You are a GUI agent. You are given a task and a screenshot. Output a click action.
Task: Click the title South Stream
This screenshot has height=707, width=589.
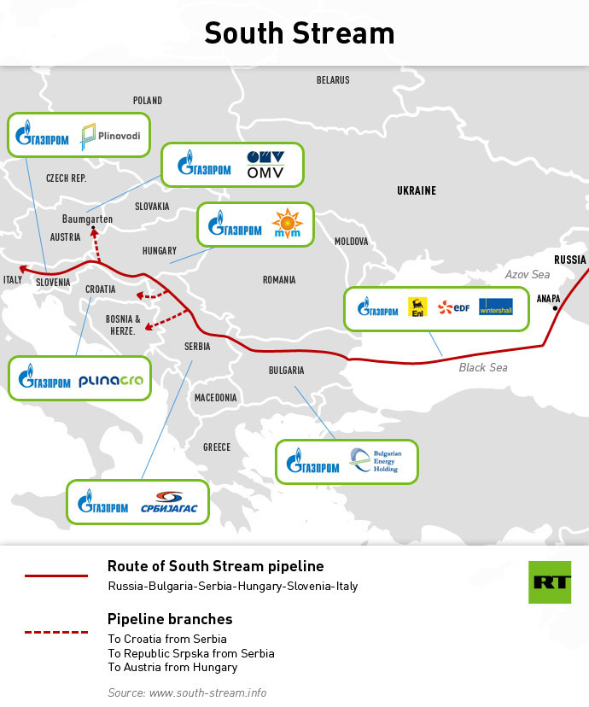tap(300, 32)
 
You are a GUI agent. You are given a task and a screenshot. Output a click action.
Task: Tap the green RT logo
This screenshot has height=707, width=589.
tap(549, 582)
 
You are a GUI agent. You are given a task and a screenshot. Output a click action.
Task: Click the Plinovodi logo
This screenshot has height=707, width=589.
tap(110, 135)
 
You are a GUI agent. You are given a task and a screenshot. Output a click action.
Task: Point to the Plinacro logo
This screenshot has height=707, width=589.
tap(110, 381)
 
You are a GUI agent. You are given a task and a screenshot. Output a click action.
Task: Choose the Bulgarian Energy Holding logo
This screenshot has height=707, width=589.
tap(373, 462)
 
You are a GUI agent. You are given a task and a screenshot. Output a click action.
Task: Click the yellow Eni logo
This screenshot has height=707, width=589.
tap(417, 307)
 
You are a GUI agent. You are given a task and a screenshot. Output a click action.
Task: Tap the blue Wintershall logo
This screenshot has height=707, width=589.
tap(495, 307)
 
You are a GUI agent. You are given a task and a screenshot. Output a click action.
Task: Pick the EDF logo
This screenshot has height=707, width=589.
tap(454, 307)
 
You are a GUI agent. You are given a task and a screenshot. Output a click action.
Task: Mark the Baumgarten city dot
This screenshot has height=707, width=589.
tap(94, 228)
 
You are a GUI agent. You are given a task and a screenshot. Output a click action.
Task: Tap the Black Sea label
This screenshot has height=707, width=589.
tap(483, 367)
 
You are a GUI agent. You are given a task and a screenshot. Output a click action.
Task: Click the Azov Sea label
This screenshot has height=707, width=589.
tap(528, 275)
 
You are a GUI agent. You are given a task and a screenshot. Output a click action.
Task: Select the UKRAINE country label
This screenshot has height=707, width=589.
tap(417, 190)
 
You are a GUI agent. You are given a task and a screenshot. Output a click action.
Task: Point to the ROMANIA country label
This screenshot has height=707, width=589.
tap(279, 280)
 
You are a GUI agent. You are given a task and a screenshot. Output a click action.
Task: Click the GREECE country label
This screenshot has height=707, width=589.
tap(217, 447)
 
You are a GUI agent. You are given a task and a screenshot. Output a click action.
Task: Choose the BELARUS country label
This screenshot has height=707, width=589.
tap(333, 80)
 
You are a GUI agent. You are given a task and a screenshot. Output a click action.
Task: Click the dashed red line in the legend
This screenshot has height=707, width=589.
tap(56, 633)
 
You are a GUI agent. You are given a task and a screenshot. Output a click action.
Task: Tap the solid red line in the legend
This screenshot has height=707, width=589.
tap(56, 576)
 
